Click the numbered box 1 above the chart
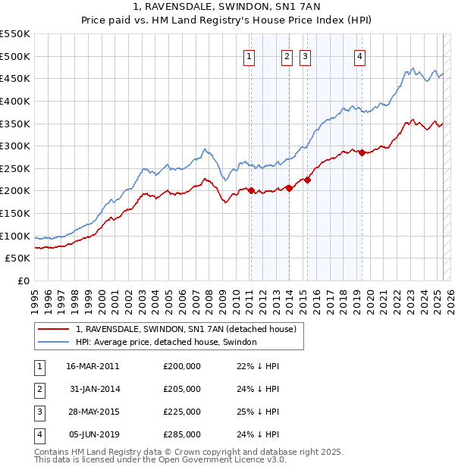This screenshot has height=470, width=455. [249, 55]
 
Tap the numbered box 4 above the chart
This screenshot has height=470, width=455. [359, 55]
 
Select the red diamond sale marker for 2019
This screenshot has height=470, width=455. [362, 152]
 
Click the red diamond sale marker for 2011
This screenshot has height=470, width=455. [251, 190]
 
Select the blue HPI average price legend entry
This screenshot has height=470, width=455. [166, 342]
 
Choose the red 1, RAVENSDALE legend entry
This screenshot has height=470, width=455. [190, 329]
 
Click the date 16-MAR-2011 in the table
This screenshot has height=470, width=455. [93, 366]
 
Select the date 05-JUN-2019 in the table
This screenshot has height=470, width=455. [93, 434]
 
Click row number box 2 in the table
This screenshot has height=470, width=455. [39, 389]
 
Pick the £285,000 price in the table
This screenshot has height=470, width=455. [181, 434]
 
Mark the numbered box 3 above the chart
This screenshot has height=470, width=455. [304, 55]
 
